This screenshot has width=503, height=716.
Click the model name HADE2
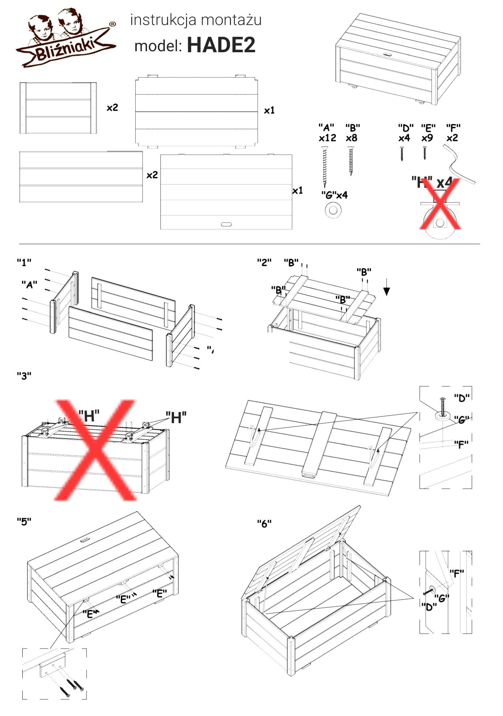coord(221,45)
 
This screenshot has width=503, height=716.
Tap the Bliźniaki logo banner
coord(66,52)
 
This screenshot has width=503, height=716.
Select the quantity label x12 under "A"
coord(327,138)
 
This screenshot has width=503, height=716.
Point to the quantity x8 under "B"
coord(352,138)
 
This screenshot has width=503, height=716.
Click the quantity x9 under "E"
coord(427,138)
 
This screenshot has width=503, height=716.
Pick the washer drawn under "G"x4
coord(333,210)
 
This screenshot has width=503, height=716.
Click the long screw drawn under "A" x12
coord(324,166)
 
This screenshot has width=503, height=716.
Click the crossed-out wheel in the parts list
coord(440,219)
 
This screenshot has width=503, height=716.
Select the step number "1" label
coord(24,262)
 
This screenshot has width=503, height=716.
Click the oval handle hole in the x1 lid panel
coord(226,224)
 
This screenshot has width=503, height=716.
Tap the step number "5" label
coord(24,521)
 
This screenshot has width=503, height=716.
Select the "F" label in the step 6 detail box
coord(456,573)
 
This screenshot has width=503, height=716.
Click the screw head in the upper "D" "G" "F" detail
coord(443,400)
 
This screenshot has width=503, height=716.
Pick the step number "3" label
coord(24,376)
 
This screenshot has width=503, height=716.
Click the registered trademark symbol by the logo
coord(113,24)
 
